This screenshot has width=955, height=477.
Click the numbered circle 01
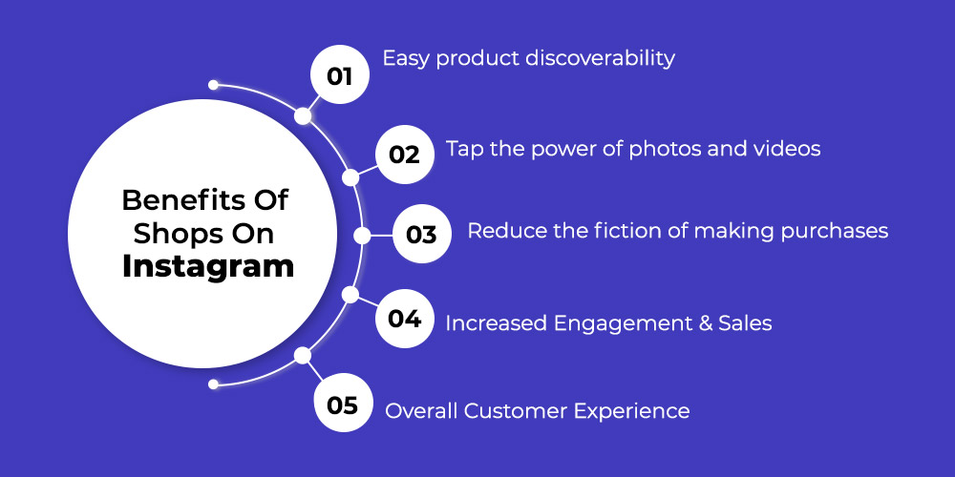coord(340,74)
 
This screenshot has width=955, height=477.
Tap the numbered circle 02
coord(405,155)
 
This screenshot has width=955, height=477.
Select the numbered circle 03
coord(422,235)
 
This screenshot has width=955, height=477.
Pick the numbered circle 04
coord(405,319)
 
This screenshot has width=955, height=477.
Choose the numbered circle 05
coord(343,404)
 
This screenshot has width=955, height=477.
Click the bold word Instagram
coord(208,267)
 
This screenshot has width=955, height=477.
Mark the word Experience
coord(632,411)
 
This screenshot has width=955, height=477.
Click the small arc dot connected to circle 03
coord(362,236)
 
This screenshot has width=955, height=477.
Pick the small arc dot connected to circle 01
coord(303,115)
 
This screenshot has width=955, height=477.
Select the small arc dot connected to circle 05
coord(303,355)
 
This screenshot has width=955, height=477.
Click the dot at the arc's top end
coord(213,85)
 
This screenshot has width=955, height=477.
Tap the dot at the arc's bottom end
coord(213,384)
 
